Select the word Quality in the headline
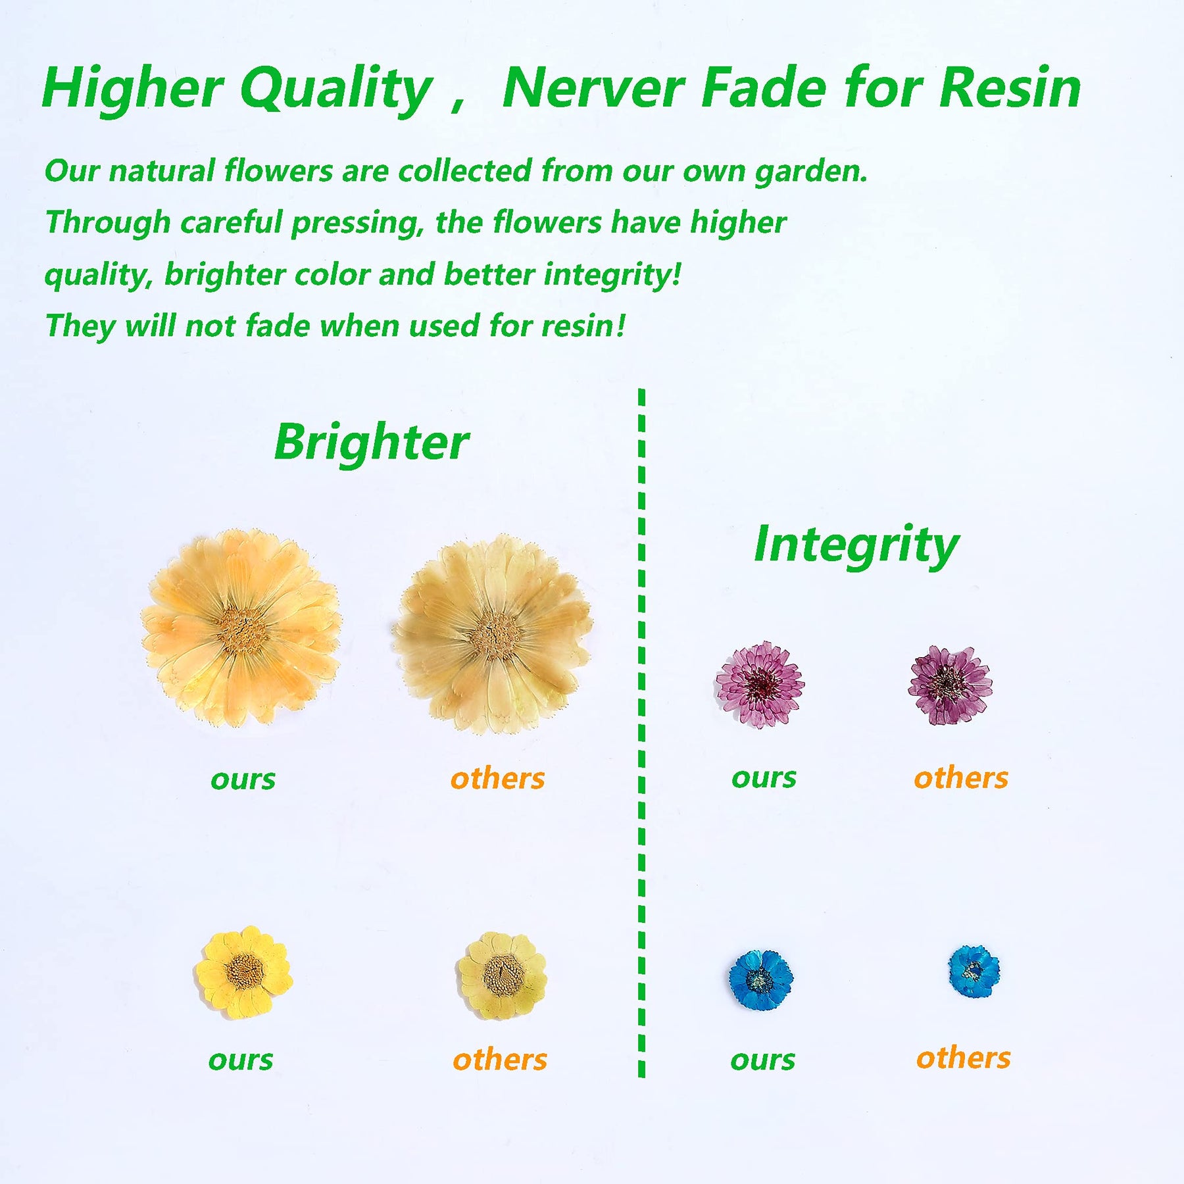(x=335, y=91)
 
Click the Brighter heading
(x=372, y=443)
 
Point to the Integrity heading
(x=856, y=546)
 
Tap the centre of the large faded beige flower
(x=493, y=635)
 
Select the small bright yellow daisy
(x=243, y=972)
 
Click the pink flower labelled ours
(x=760, y=684)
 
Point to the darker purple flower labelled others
(x=950, y=685)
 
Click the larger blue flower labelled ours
(x=760, y=980)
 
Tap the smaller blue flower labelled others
(x=974, y=971)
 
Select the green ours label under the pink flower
(x=764, y=778)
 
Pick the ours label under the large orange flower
(x=243, y=780)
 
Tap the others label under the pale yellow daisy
(x=500, y=1060)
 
